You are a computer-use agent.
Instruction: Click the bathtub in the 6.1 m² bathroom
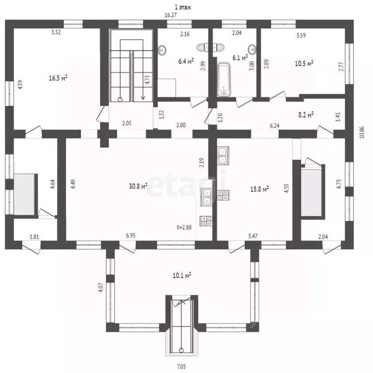coord(223,80)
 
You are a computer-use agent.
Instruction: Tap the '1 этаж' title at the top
coord(183,7)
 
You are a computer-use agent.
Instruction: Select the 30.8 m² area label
coord(138,186)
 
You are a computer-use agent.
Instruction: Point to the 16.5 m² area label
coord(58,78)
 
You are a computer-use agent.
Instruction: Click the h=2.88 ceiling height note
coord(184,227)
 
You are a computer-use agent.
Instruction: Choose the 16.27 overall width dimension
coord(170,15)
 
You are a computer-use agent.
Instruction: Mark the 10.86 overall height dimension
coord(362,132)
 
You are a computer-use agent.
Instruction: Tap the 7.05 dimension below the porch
coord(181,366)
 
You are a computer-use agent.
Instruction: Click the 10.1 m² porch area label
coord(182,275)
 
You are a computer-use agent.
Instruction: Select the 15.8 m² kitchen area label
coord(259,189)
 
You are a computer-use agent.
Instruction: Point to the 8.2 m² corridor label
coord(305,115)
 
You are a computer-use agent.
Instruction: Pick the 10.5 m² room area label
coord(304,64)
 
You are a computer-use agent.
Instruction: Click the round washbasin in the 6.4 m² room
coord(163,50)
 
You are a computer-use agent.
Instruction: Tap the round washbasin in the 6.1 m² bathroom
coord(252,49)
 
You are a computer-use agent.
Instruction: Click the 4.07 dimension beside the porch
coord(101,287)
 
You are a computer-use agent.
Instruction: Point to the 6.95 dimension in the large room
coord(131,236)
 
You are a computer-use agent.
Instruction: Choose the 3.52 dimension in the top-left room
coord(56,33)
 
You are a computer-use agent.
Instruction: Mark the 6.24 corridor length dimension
coord(274,125)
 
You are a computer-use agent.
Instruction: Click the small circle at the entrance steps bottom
coord(182,350)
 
